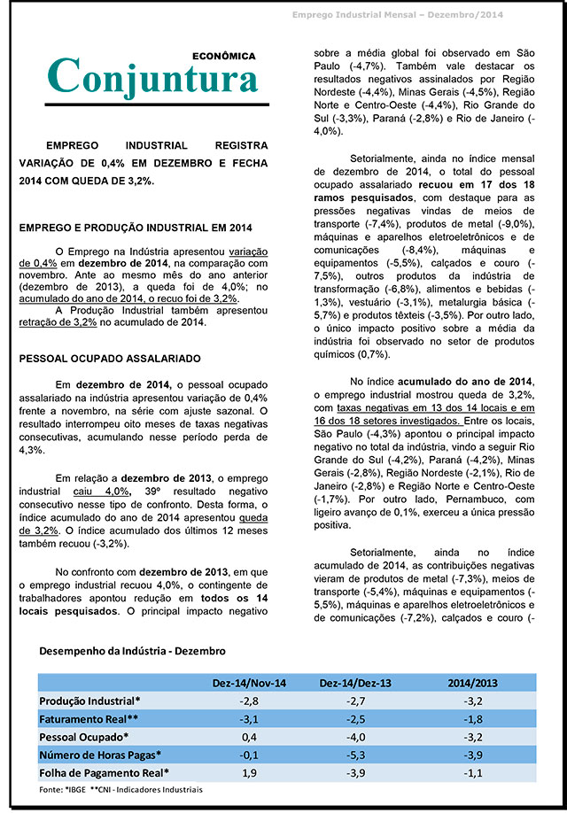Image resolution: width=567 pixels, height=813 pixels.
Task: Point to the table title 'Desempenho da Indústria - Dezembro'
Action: click(x=132, y=651)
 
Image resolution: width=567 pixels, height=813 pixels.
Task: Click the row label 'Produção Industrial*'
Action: click(x=90, y=701)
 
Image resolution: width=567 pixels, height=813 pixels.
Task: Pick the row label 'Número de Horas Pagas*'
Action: click(x=100, y=755)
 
